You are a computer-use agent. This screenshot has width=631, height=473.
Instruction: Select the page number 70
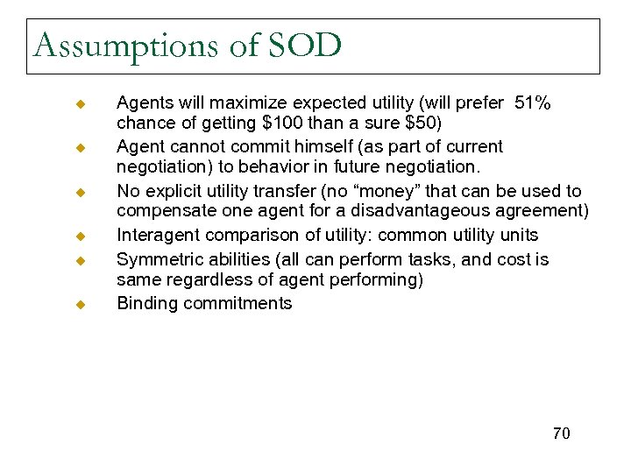pos(561,434)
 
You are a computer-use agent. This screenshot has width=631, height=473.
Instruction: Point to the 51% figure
pos(532,103)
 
